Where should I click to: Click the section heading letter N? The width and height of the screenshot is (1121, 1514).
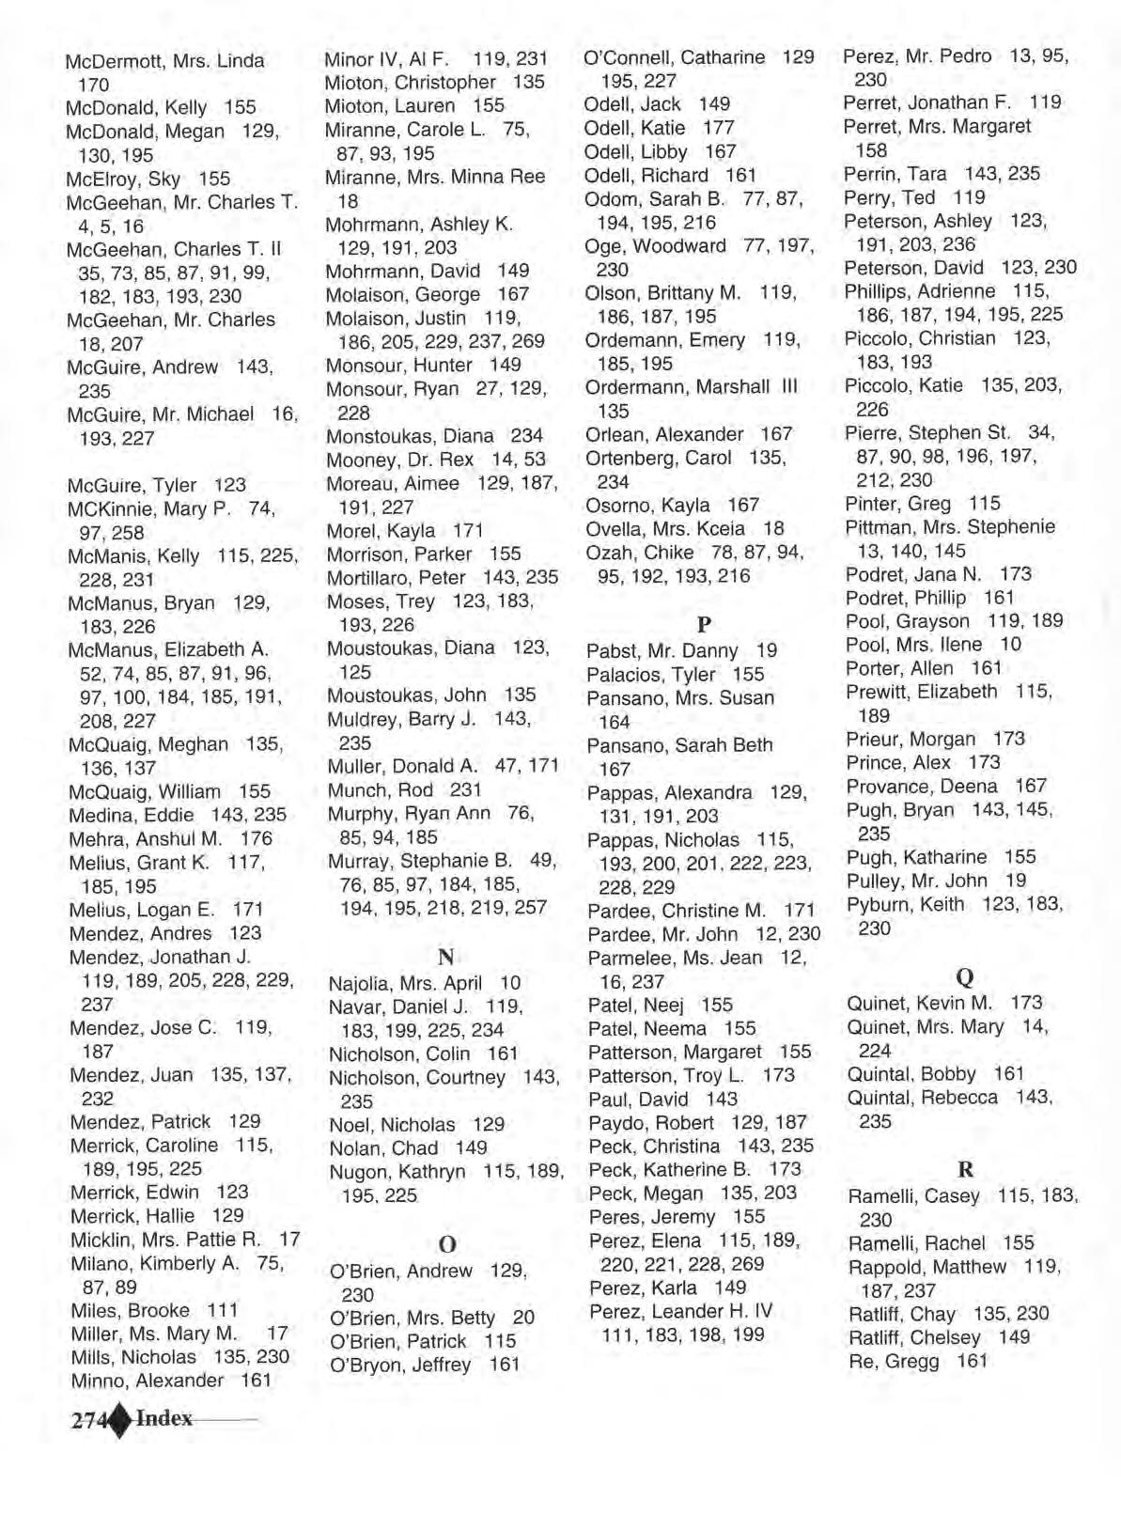[446, 957]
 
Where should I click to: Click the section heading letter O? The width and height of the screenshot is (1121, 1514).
[447, 1244]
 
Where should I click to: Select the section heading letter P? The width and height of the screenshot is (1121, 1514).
[704, 623]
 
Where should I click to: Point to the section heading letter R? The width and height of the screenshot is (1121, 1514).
[965, 1170]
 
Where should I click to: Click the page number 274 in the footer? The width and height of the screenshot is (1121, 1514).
[90, 1420]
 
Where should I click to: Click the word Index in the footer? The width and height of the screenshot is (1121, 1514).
[164, 1419]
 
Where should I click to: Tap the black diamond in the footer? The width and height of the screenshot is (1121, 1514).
[120, 1420]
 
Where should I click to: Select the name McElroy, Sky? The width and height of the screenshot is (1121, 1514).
[121, 179]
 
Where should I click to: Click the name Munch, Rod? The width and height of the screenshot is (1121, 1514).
[381, 790]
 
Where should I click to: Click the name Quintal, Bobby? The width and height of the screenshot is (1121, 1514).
[911, 1073]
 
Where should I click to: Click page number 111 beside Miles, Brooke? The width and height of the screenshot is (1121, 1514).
[223, 1310]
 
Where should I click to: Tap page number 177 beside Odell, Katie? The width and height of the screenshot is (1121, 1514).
[718, 127]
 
